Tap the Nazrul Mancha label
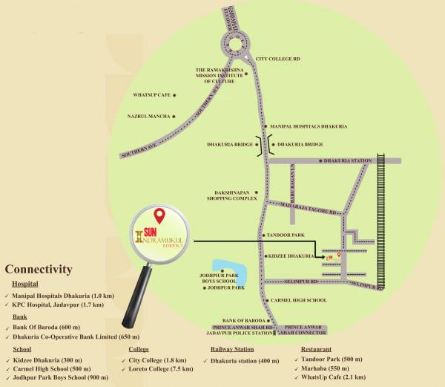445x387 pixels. click(x=149, y=117)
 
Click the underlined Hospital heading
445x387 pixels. click(x=25, y=284)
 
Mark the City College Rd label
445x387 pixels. click(x=277, y=57)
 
